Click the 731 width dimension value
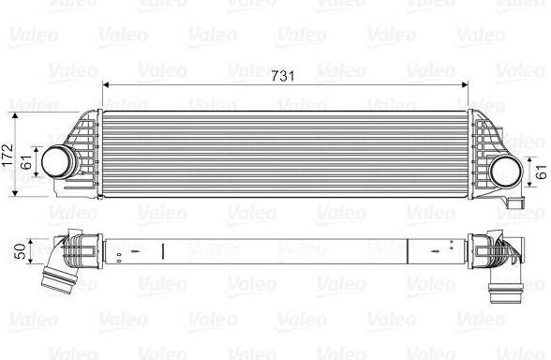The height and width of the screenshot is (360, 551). click(x=283, y=76)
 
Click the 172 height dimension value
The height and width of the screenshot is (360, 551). click(x=7, y=155)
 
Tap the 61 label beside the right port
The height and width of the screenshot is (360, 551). click(x=543, y=172)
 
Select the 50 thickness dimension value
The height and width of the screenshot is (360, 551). click(x=21, y=251)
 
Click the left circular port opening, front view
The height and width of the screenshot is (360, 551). click(x=56, y=161)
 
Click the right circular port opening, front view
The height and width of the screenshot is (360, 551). click(x=505, y=172)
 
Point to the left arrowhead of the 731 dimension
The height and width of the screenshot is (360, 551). click(x=106, y=84)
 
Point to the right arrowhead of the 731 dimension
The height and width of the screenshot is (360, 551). click(x=464, y=84)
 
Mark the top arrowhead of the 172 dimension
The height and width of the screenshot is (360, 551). click(x=15, y=116)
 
